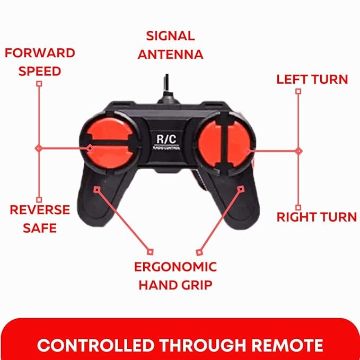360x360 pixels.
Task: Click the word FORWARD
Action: pos(40,53)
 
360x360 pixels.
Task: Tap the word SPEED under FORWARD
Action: pos(40,71)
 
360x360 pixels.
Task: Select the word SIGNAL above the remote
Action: pos(171,36)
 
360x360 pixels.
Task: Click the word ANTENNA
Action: pos(171,55)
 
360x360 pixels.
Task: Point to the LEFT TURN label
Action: pos(312,80)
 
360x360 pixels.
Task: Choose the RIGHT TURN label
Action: pos(317,217)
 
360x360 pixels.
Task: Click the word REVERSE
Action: pos(40,210)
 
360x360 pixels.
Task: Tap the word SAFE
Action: pos(40,228)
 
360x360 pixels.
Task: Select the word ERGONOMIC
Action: pos(175,267)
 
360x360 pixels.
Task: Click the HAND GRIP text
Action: pos(175,285)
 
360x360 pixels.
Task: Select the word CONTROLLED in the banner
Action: pos(96,345)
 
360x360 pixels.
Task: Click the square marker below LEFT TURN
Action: pos(298,91)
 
